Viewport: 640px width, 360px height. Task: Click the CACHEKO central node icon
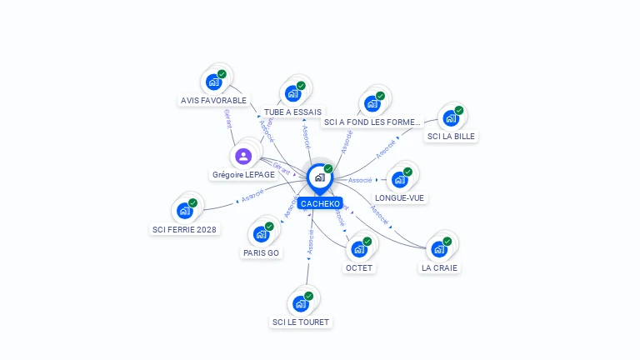point(319,177)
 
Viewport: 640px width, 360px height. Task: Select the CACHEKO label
point(320,203)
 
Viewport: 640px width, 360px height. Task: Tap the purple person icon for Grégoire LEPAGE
point(242,156)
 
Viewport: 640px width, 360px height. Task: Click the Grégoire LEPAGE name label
point(243,175)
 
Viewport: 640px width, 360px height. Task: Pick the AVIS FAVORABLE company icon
point(213,82)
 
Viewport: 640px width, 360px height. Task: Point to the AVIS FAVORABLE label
point(213,101)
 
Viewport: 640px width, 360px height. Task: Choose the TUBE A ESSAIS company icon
point(292,93)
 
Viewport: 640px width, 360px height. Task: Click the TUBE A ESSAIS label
point(292,112)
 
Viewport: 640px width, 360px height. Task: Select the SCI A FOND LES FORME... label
point(372,122)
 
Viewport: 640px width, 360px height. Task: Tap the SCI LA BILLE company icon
point(451,118)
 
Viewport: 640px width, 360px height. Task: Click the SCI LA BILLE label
point(452,137)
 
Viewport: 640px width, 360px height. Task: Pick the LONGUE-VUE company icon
point(400,179)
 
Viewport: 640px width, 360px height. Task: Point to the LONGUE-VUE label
point(400,198)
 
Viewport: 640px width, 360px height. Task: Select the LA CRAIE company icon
point(439,249)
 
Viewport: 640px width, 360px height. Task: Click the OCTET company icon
point(359,249)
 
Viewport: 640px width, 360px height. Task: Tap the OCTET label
point(359,268)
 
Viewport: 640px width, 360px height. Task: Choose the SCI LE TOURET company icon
point(301,303)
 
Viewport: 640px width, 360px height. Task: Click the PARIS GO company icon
point(262,233)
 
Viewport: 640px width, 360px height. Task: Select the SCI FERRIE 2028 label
point(184,229)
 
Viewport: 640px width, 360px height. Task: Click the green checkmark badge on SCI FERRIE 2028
point(192,202)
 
